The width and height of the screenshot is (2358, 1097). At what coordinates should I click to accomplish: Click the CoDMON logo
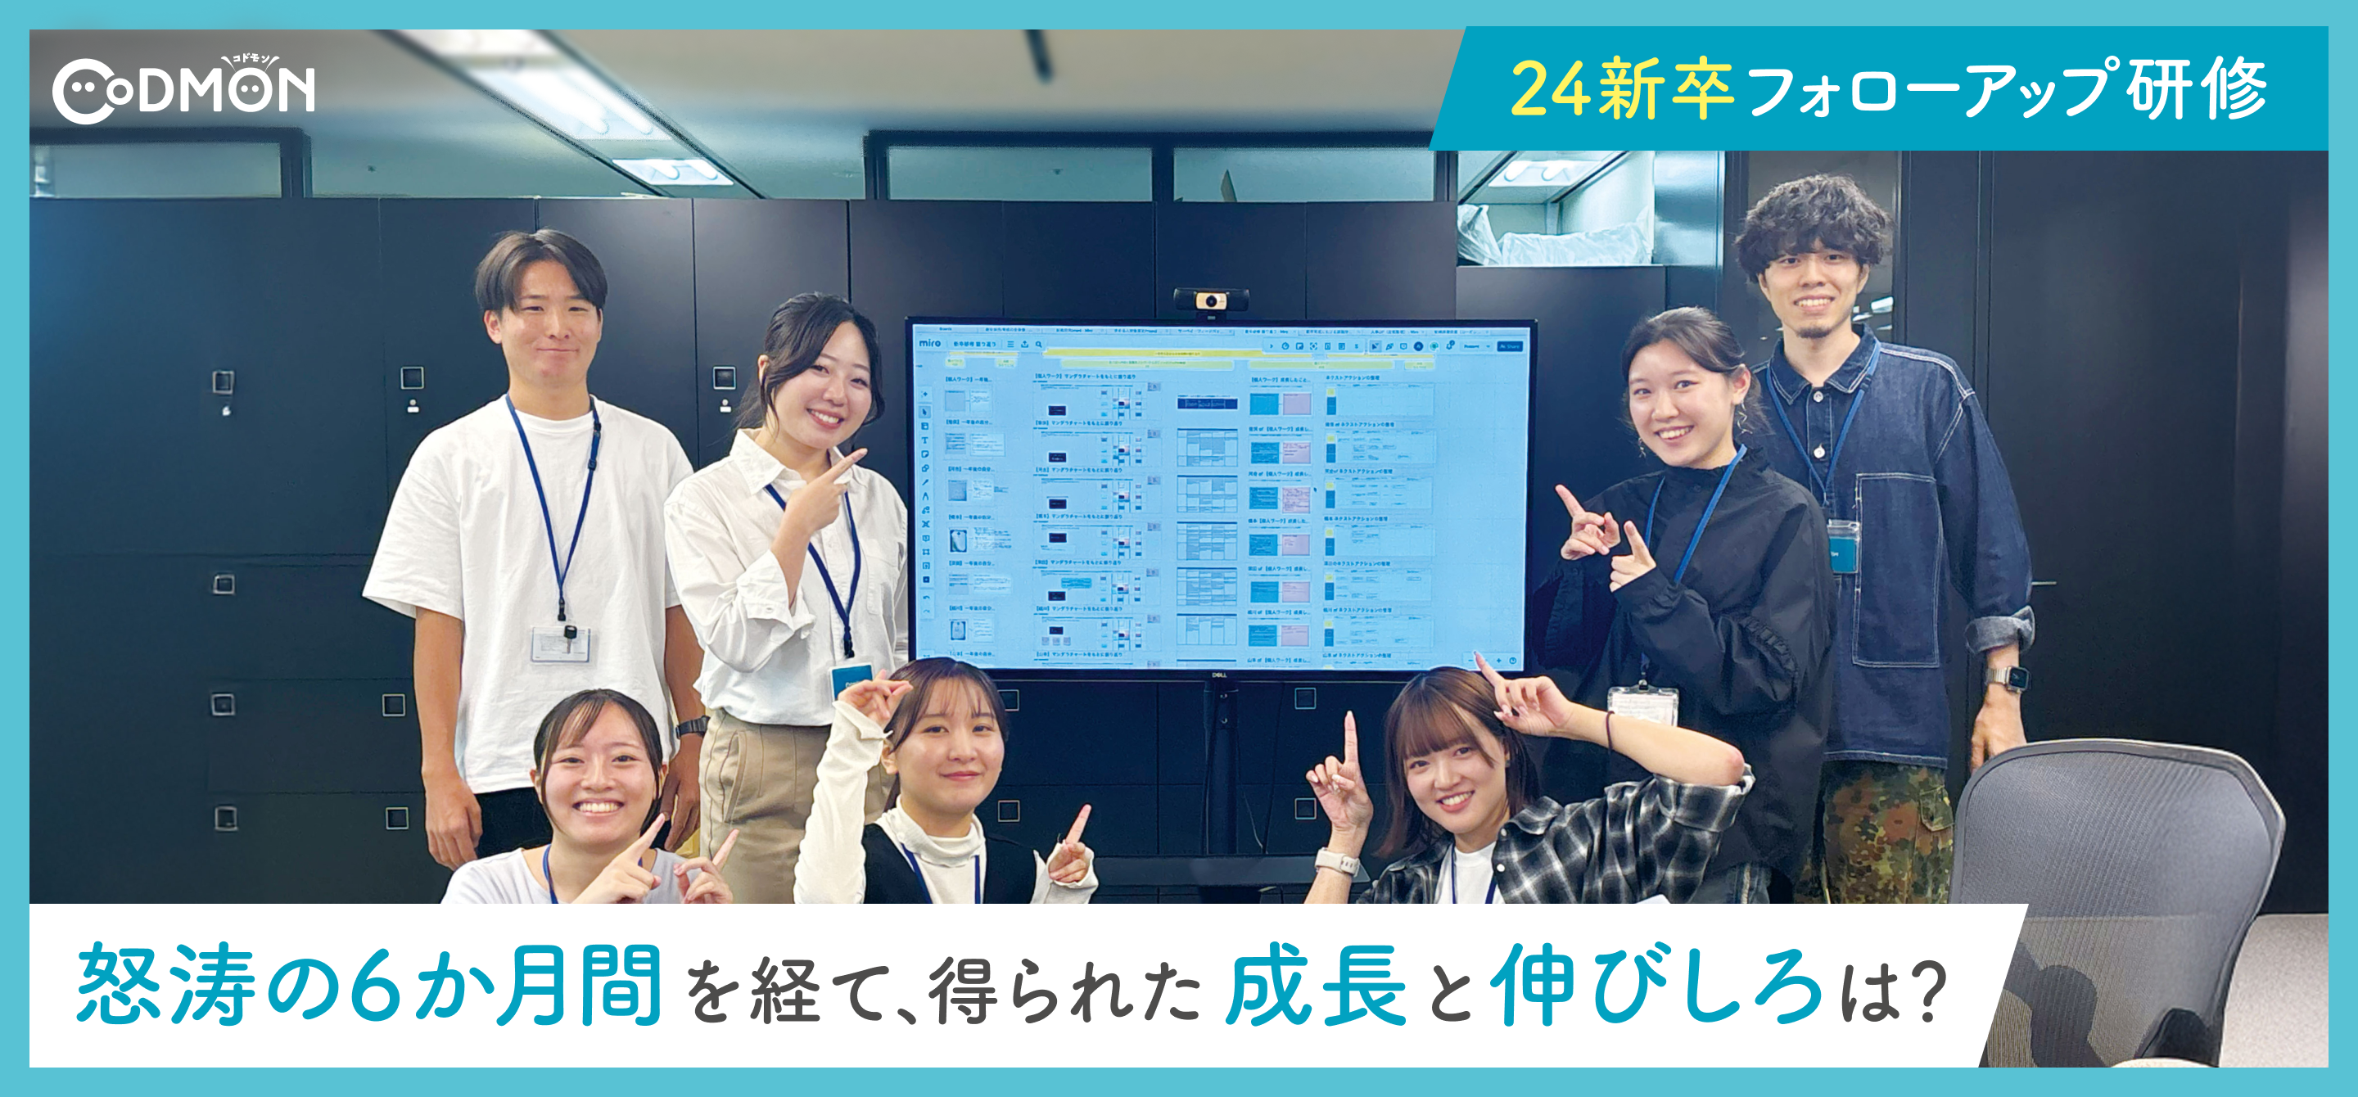(x=183, y=91)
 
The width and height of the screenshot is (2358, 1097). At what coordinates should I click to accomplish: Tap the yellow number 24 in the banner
(x=1551, y=90)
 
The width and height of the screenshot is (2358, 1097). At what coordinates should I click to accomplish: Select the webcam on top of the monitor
(x=1211, y=300)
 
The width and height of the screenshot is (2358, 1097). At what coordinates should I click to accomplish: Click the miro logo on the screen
(x=929, y=342)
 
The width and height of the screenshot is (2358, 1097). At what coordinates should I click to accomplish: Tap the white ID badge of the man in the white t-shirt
(x=559, y=643)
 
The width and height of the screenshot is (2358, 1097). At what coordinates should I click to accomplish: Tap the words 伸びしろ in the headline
(x=1657, y=986)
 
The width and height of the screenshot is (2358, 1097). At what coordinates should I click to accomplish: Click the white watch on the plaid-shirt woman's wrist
(x=1336, y=862)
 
